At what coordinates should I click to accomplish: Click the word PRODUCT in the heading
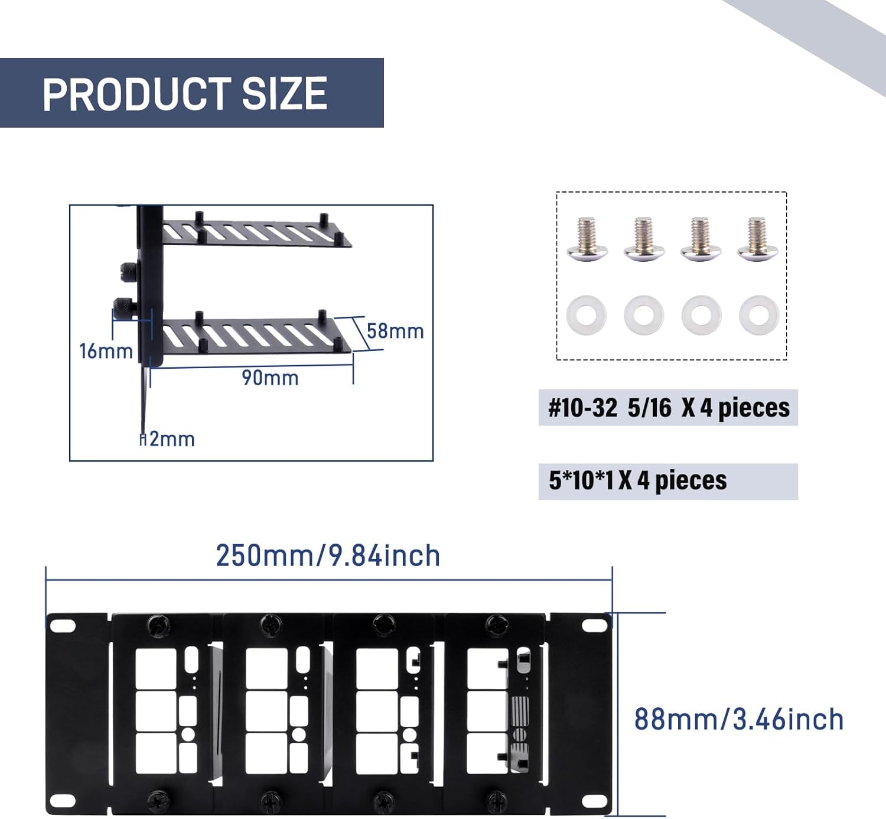(x=136, y=93)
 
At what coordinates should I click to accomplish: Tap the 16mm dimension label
(x=106, y=351)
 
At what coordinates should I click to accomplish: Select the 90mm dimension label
(x=270, y=378)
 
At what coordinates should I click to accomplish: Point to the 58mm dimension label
(x=395, y=331)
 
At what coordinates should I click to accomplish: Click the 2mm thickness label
(x=171, y=439)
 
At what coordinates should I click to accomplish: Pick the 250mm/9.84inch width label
(x=328, y=555)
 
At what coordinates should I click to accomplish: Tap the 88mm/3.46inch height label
(x=739, y=719)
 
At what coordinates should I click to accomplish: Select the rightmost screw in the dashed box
(x=758, y=239)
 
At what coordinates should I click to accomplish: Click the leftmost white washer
(x=586, y=315)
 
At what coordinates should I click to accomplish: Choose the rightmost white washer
(x=759, y=315)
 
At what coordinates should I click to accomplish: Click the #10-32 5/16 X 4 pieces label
(x=668, y=408)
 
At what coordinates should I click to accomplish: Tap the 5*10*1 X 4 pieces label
(x=638, y=481)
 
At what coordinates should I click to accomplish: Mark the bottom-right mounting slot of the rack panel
(x=594, y=801)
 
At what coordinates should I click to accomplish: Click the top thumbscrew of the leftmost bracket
(x=158, y=625)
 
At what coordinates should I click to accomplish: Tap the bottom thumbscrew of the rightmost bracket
(x=495, y=800)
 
